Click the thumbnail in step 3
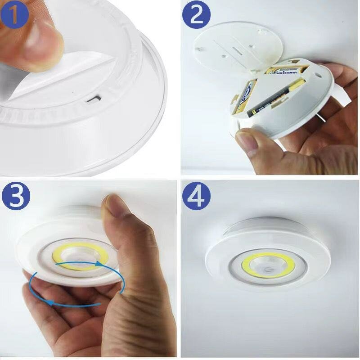(114, 210)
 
